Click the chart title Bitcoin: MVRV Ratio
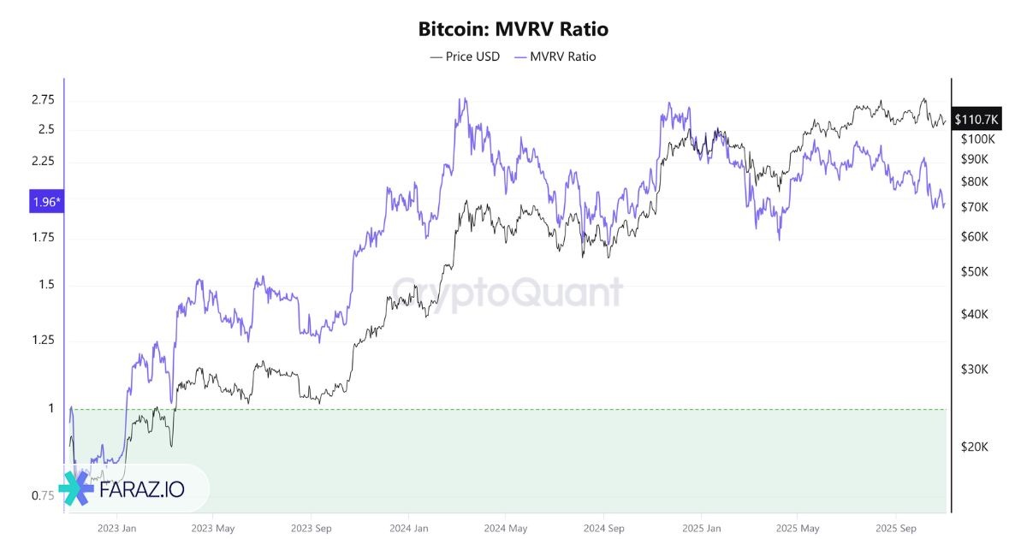pos(513,28)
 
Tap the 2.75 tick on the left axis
pos(42,100)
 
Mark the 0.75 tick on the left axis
pos(42,496)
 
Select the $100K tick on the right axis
pos(977,139)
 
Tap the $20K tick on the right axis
pos(975,447)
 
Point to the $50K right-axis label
pos(975,271)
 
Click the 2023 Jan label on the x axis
pos(117,528)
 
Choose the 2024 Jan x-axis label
pos(408,528)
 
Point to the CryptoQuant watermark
pos(508,293)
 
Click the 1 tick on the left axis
pos(50,408)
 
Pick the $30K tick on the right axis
pos(975,370)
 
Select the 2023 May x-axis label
pos(214,528)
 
